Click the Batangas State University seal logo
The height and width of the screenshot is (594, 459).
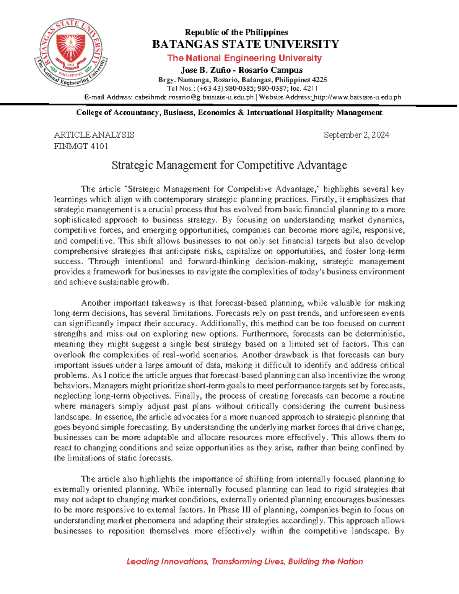coord(71,52)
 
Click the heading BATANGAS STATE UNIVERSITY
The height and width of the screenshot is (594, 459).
coord(245,44)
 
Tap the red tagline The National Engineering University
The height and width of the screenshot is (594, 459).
coord(244,58)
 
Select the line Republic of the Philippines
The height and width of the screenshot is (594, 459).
coord(236,32)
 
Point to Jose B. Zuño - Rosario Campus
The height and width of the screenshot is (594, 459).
coord(241,70)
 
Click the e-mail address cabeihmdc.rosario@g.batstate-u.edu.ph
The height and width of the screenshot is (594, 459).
coord(194,97)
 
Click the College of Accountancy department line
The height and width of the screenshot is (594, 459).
coord(229,112)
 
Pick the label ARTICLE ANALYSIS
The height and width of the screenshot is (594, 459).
coord(94,135)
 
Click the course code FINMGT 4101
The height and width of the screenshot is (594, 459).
coord(81,146)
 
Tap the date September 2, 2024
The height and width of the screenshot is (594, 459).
coord(356,135)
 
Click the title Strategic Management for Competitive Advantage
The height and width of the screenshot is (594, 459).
coord(229,165)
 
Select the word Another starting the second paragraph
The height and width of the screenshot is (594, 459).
coord(96,303)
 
